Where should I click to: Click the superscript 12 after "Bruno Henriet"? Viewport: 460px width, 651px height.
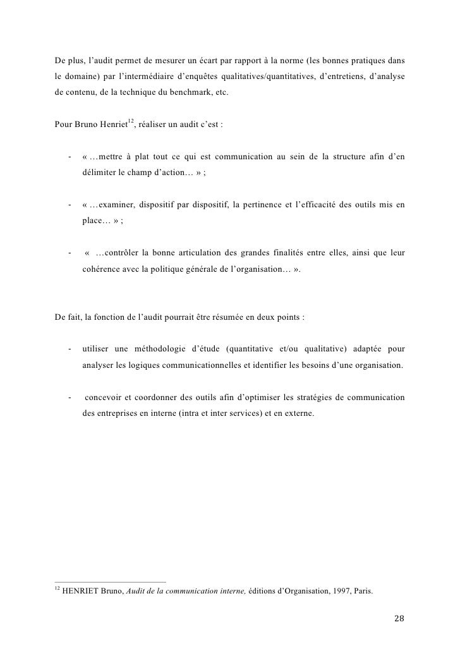pos(131,120)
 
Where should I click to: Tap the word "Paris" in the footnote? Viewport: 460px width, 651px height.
pos(362,593)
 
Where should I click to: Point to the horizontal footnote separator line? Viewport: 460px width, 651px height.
pos(110,582)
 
